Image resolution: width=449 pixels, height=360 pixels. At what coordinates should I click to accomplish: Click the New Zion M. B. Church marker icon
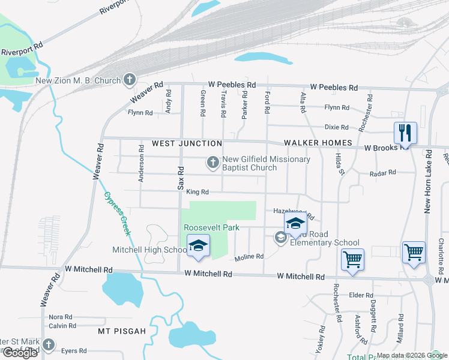click(x=129, y=79)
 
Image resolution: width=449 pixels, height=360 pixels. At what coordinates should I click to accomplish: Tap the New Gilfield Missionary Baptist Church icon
click(x=212, y=162)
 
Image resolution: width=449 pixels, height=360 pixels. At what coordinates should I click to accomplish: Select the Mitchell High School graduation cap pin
click(x=197, y=246)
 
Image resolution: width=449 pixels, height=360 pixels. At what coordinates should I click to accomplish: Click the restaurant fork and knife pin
click(x=405, y=133)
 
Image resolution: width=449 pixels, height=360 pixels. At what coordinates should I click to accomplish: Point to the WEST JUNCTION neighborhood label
click(x=187, y=143)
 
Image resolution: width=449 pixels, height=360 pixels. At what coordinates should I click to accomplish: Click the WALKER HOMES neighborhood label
click(x=318, y=142)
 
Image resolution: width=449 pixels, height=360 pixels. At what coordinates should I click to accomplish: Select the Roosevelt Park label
click(x=211, y=227)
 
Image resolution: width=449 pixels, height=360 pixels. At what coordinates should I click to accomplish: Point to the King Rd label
click(x=197, y=192)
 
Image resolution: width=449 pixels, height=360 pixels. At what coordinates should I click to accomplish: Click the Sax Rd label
click(x=180, y=178)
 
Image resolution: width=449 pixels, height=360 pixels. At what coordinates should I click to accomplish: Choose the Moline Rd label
click(x=249, y=257)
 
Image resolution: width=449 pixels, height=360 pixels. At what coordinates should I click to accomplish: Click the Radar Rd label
click(x=383, y=172)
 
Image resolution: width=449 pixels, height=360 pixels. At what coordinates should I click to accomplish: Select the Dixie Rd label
click(x=336, y=127)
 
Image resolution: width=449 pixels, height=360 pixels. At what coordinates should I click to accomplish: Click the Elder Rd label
click(x=361, y=295)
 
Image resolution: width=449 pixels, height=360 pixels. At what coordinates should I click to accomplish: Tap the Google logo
click(x=20, y=353)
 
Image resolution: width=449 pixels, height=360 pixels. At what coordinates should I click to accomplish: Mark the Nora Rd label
click(x=60, y=317)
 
